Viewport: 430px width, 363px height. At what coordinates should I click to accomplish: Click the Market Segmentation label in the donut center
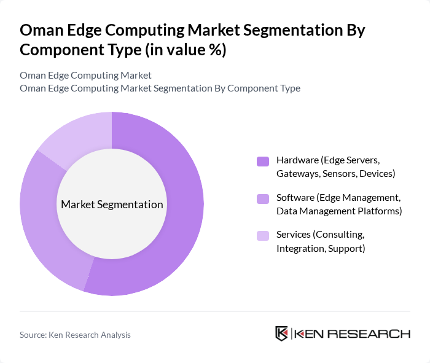tap(112, 205)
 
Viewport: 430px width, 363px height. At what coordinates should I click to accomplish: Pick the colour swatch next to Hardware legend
tap(263, 162)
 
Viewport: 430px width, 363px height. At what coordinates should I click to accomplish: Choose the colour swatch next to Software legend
tap(263, 199)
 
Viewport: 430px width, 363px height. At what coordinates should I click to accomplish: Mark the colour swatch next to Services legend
tap(263, 236)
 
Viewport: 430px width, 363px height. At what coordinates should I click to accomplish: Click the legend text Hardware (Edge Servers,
tap(328, 160)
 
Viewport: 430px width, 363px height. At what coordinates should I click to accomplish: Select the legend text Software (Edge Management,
tap(338, 198)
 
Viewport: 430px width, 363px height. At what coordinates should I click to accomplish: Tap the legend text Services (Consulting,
tap(320, 235)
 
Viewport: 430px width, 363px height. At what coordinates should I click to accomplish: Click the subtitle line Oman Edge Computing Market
tap(85, 76)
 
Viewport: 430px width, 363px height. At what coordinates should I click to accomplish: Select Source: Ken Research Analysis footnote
tap(75, 335)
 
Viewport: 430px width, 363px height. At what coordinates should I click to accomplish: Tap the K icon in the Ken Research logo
tap(281, 334)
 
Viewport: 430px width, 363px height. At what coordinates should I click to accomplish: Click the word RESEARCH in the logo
tap(375, 334)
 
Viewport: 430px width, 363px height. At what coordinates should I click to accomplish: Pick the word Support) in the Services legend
tap(346, 248)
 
